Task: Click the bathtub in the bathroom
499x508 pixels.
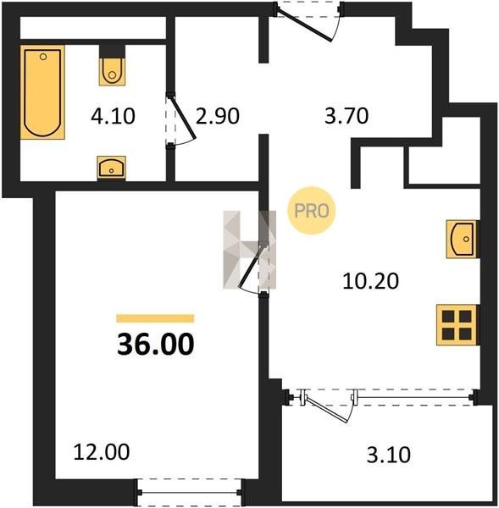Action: point(42,92)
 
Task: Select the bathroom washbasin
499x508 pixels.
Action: point(111,168)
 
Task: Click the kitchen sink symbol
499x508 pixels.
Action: point(463,239)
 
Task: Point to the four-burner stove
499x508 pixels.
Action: point(457,325)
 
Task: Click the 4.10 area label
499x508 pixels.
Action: point(113,116)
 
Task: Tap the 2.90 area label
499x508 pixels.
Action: point(218,116)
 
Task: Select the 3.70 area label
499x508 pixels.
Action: point(347,116)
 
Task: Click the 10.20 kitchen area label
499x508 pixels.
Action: point(370,281)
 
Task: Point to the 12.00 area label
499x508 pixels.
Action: point(102,452)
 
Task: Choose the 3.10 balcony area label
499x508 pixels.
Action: point(389,455)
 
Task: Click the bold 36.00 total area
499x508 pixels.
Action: point(156,344)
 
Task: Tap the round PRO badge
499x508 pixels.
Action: point(311,211)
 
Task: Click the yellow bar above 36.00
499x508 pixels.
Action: point(155,318)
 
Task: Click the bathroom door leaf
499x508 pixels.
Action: point(183,118)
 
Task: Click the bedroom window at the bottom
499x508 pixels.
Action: point(190,493)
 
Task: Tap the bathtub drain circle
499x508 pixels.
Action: point(43,57)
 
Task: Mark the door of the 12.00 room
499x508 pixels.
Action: point(252,267)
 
